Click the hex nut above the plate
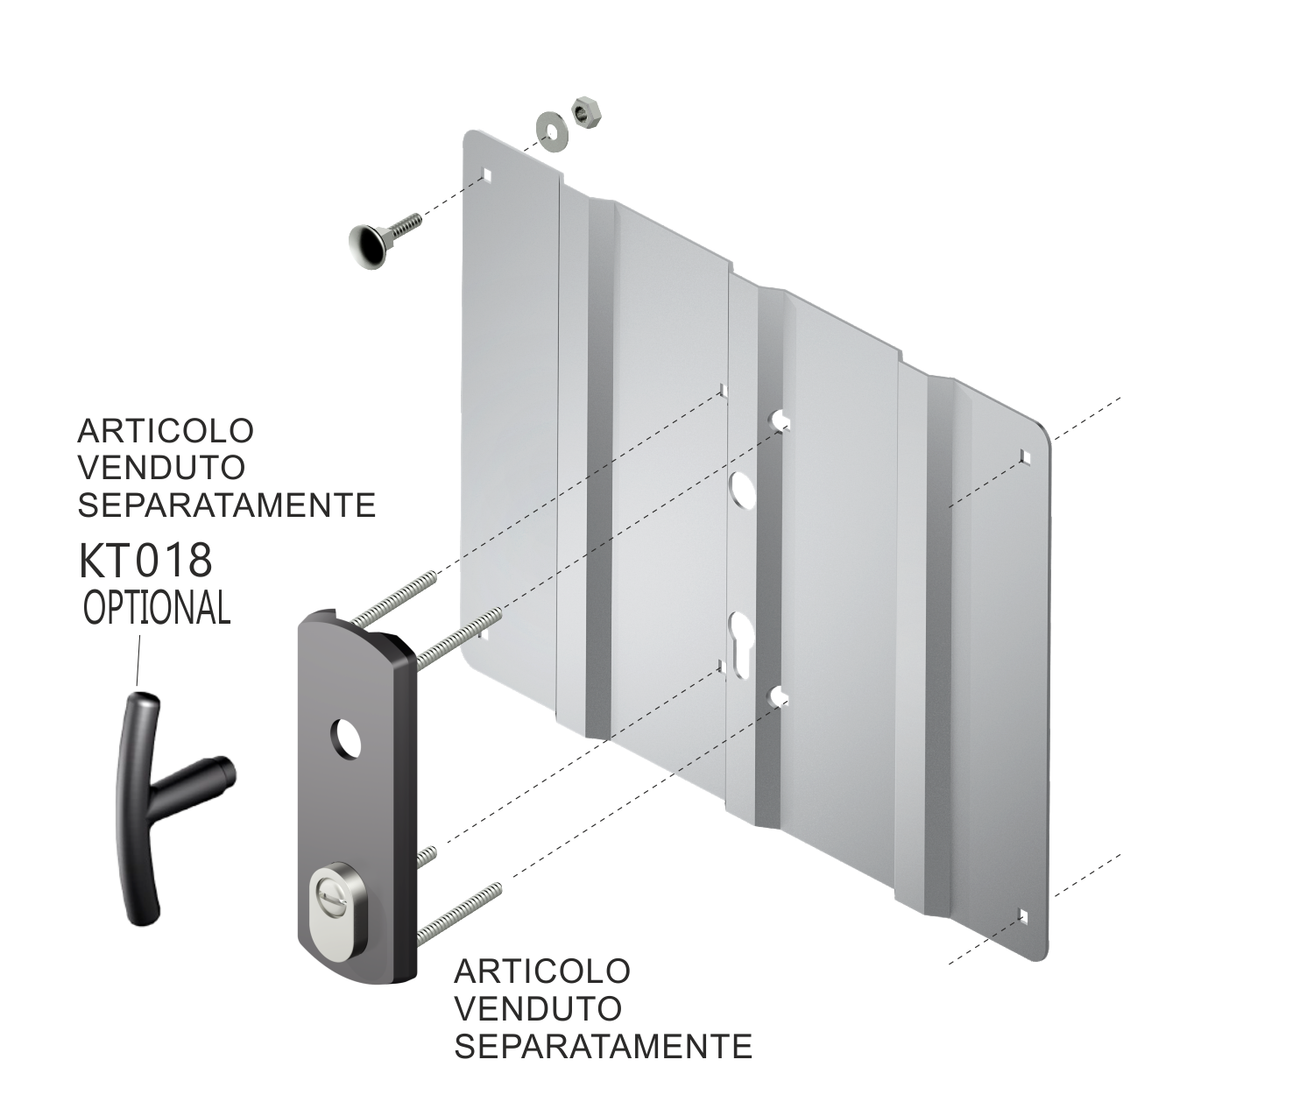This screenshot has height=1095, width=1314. click(x=583, y=110)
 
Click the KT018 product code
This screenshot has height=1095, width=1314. click(x=145, y=562)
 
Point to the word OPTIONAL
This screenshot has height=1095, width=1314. click(x=157, y=607)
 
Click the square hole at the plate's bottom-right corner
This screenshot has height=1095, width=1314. click(x=1023, y=916)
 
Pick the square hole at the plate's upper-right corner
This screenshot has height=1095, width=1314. click(x=1023, y=456)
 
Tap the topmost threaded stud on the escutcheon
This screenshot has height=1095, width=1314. click(x=393, y=596)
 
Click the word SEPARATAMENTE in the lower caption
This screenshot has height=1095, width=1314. click(x=603, y=1045)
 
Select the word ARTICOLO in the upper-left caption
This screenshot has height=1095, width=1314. click(x=166, y=430)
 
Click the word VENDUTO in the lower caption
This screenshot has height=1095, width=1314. click(x=538, y=1007)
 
